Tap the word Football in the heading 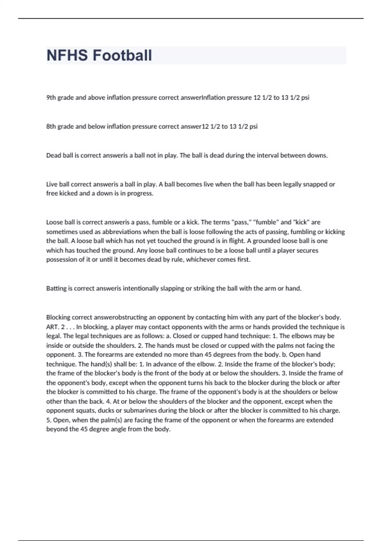[x=122, y=55]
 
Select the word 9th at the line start [x=51, y=98]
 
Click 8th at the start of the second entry [x=51, y=126]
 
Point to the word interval [x=268, y=155]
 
